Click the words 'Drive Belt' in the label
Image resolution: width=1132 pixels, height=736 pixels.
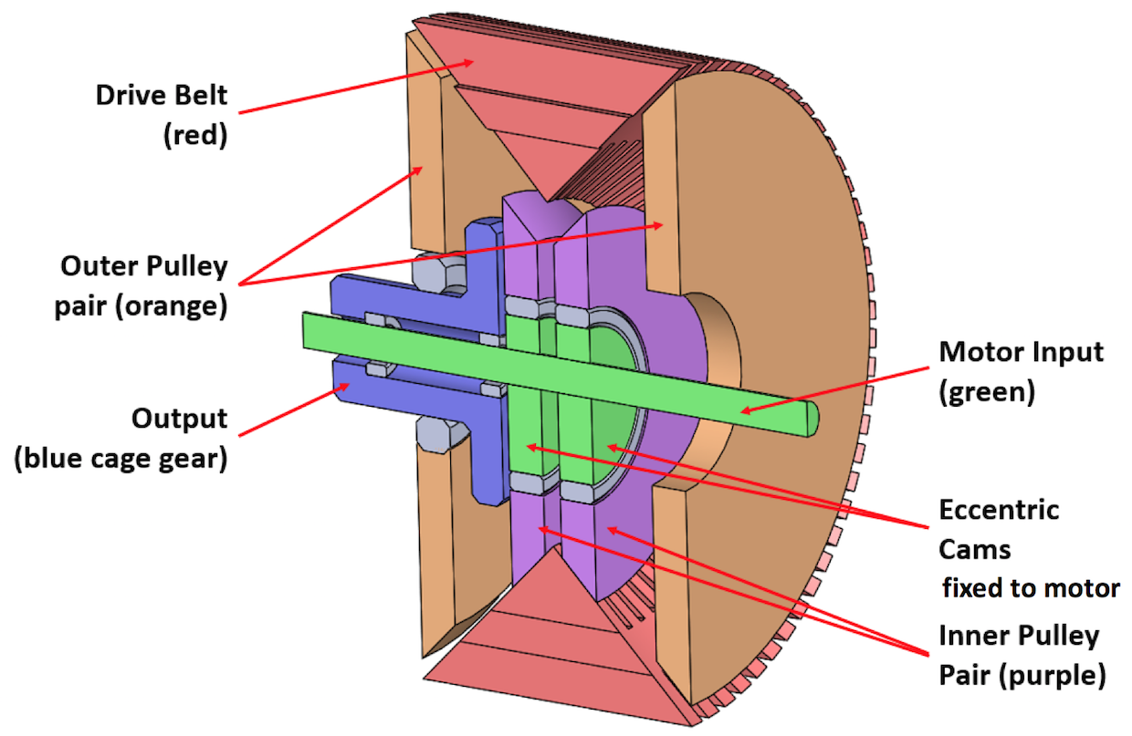(x=162, y=96)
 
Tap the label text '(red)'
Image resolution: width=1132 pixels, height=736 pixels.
(x=195, y=135)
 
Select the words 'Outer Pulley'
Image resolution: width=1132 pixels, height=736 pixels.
(x=144, y=266)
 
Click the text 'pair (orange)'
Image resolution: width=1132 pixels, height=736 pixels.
(x=141, y=306)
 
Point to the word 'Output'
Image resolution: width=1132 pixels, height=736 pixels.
(x=180, y=419)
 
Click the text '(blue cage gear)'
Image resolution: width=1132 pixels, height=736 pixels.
(x=121, y=459)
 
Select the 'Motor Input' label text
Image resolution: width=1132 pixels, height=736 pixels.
(x=1021, y=351)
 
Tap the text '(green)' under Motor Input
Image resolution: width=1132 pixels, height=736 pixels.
(x=987, y=392)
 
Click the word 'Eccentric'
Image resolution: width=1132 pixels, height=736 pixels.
(x=999, y=510)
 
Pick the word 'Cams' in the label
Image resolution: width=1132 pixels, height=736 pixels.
(x=975, y=550)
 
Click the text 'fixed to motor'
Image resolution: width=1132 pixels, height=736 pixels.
(x=1031, y=588)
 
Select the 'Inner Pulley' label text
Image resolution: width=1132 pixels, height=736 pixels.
(x=1019, y=636)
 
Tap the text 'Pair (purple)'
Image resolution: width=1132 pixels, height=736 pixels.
(x=1022, y=676)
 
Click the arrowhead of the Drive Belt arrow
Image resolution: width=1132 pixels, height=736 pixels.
(x=467, y=63)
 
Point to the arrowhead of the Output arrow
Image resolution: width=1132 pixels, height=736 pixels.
(x=343, y=387)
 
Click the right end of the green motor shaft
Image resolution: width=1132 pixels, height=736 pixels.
(x=812, y=419)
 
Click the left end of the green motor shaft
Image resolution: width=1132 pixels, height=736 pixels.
(x=304, y=330)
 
